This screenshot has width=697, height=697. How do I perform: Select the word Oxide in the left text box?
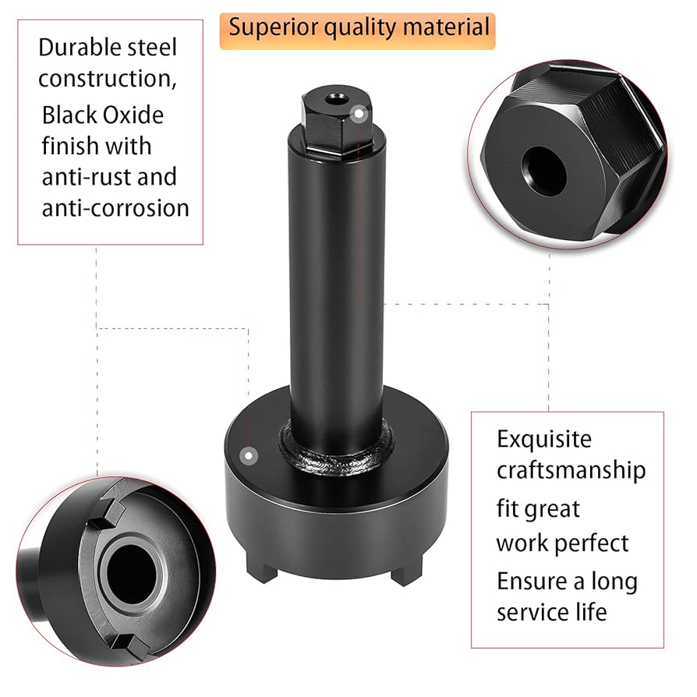pos(133,115)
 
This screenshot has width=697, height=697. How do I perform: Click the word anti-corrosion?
pos(115,208)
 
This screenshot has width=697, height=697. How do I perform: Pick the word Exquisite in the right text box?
pos(544,440)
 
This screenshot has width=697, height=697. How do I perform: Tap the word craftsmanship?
pos(571,471)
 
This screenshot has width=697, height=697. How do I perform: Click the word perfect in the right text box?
pos(595,543)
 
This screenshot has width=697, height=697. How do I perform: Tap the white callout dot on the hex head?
pos(359,114)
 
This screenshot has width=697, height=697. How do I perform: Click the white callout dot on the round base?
pos(249,455)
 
